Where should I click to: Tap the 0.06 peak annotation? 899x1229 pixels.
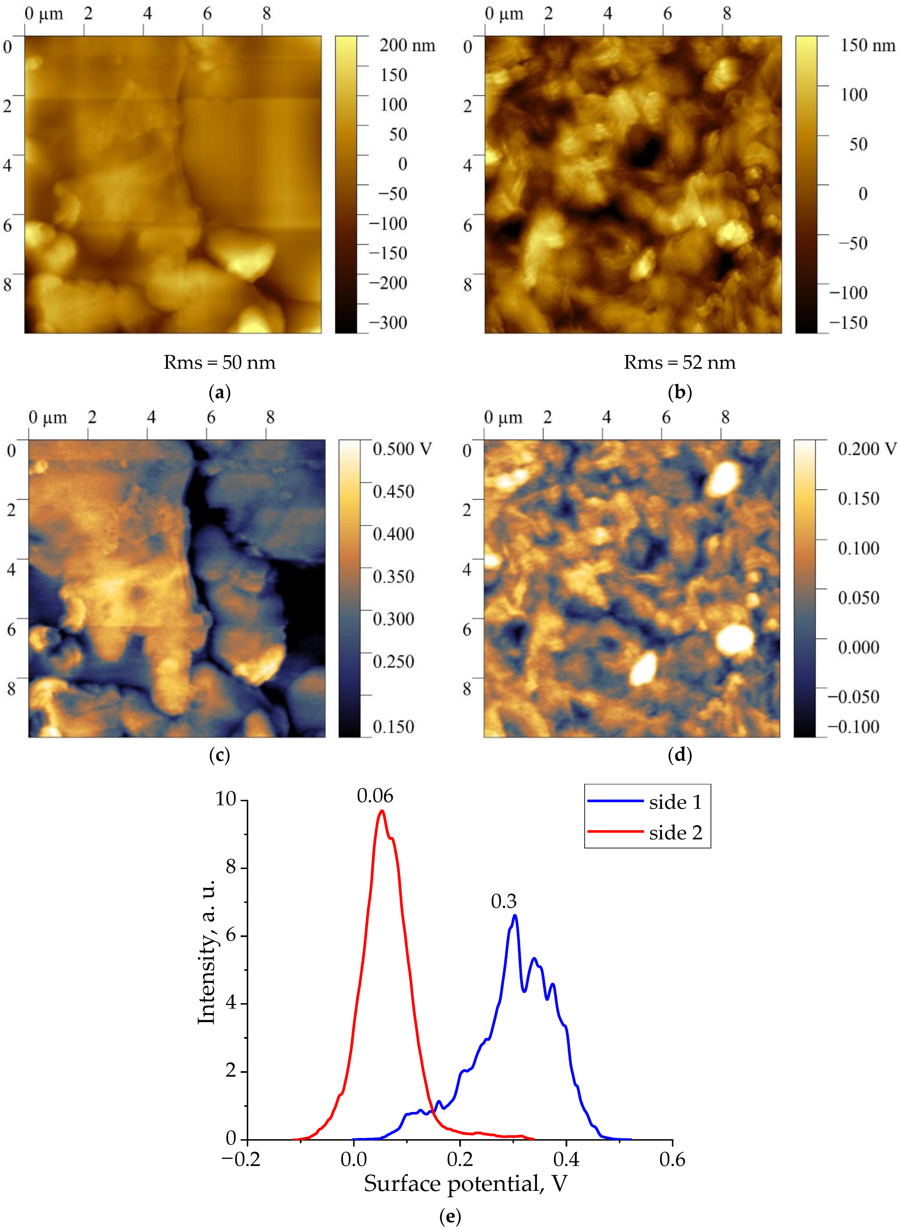click(375, 797)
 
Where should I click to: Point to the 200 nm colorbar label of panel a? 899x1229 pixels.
click(407, 45)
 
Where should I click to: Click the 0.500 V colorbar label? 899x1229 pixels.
click(402, 449)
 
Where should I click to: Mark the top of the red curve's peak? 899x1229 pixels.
click(382, 811)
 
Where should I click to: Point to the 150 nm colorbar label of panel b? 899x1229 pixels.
click(867, 45)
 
